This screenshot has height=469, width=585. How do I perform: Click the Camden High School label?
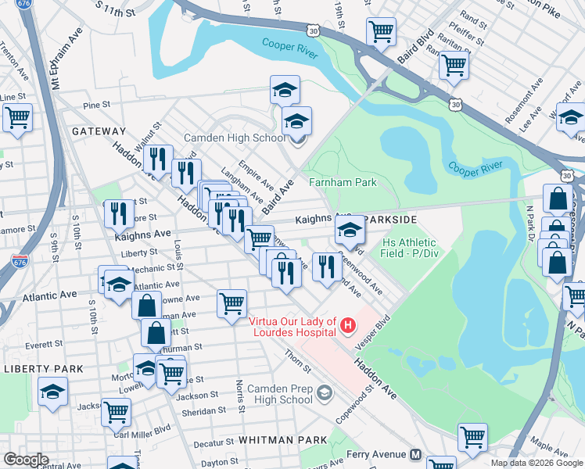tap(235, 138)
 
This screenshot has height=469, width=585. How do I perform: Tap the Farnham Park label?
tap(343, 182)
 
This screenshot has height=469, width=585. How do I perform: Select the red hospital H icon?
tap(349, 323)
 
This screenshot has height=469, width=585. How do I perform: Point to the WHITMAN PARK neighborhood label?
tap(284, 440)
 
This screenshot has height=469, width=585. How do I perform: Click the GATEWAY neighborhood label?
tap(99, 131)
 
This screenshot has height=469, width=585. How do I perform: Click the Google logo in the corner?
tap(27, 460)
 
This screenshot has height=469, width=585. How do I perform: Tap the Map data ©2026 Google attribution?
tap(537, 463)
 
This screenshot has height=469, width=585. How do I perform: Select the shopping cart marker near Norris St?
tap(231, 303)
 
